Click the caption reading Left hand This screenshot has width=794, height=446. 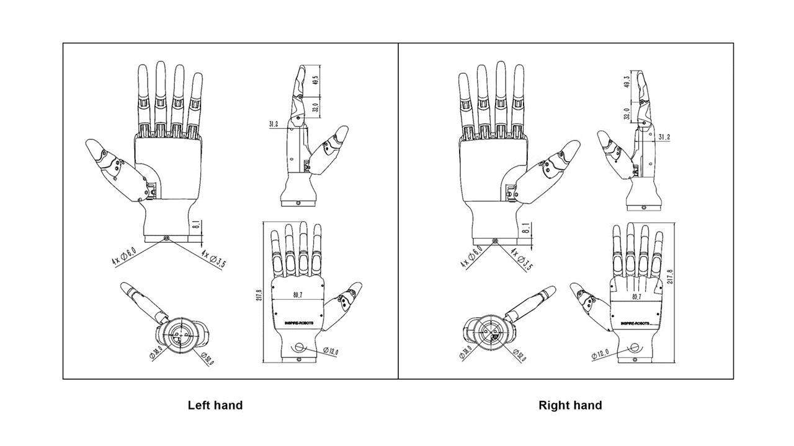point(215,406)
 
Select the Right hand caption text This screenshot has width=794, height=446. point(570,406)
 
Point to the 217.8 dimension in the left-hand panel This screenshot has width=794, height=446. point(259,295)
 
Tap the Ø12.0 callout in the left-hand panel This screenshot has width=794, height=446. point(331,351)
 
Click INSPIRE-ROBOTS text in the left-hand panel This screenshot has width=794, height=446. point(295,323)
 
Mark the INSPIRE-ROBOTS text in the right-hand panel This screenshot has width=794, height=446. point(635,323)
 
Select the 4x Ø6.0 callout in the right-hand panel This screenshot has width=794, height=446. point(471,255)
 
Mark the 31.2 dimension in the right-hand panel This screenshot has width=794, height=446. point(663,137)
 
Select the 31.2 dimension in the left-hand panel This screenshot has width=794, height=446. point(274,125)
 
